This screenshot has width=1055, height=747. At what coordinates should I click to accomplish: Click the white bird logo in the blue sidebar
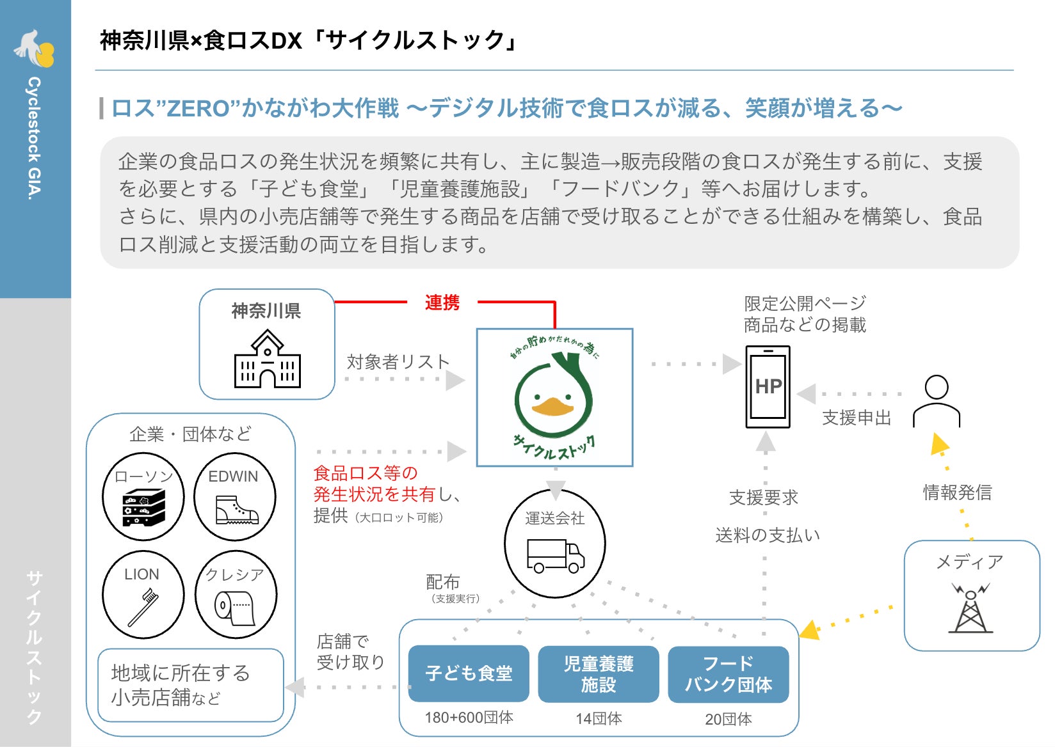pos(34,49)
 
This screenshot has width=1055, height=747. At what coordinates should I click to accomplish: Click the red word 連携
pos(442,303)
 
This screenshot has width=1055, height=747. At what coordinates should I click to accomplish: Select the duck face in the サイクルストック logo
pos(553,400)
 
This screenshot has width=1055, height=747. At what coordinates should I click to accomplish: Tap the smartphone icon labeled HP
pos(768,387)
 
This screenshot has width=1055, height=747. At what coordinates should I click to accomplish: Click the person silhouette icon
pos(937,401)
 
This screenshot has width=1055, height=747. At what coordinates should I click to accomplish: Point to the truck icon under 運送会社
pos(555,556)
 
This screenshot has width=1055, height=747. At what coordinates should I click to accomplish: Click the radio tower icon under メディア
pos(970,608)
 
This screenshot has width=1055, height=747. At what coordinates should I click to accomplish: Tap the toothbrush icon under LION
pos(143,608)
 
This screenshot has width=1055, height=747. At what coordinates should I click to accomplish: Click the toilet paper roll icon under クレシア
pos(234,608)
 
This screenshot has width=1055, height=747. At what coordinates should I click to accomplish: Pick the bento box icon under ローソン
pos(143,508)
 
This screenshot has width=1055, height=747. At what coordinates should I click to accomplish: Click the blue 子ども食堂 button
pos(469,673)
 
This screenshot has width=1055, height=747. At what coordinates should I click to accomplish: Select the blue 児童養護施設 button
pos(599,674)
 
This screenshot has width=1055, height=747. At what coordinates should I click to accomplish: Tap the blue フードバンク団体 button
pos(728,674)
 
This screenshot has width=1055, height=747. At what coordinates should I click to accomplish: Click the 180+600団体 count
pos(469,718)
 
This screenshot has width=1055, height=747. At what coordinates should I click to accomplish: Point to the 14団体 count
pos(599,719)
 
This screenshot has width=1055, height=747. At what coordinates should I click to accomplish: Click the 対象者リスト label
pos(398,362)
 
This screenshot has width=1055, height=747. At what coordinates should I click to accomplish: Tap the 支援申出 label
pos(857,418)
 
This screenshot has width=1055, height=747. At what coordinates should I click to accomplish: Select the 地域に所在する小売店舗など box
pos(191,686)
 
